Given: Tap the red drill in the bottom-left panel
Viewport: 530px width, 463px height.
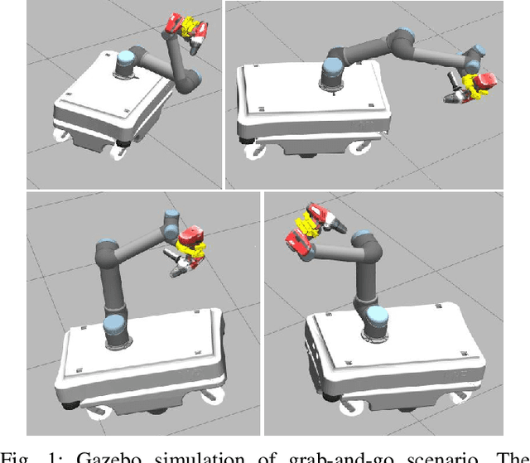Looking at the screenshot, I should (x=192, y=238).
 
